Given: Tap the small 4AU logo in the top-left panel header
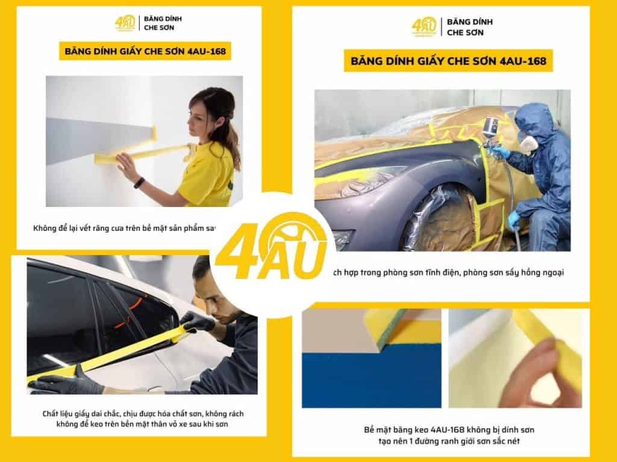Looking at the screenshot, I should pyautogui.click(x=125, y=23).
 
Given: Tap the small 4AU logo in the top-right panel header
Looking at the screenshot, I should pyautogui.click(x=424, y=26).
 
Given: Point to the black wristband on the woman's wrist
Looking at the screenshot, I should pyautogui.click(x=139, y=182).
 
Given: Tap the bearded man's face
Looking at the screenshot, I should pyautogui.click(x=211, y=295).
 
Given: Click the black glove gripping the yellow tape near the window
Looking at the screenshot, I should pyautogui.click(x=196, y=321).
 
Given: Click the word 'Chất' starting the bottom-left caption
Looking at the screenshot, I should pyautogui.click(x=52, y=414).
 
